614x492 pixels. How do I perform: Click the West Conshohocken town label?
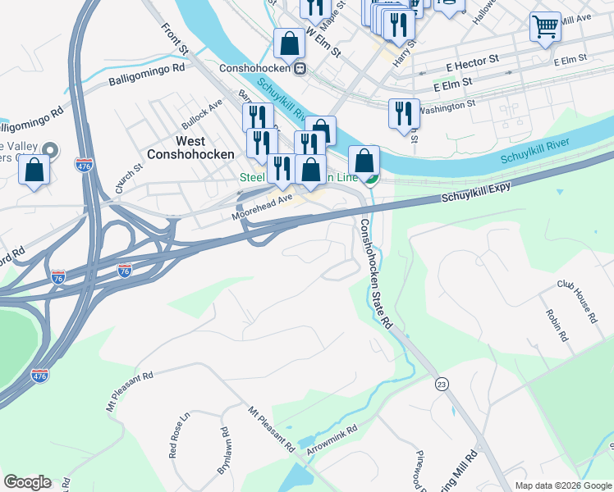(190, 147)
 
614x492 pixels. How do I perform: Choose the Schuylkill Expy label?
(476, 193)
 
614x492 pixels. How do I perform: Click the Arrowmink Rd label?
(332, 440)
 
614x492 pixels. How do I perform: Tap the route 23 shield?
(442, 384)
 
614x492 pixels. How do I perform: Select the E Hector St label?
(472, 60)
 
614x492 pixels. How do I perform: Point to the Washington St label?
(447, 105)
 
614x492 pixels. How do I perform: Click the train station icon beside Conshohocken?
(300, 68)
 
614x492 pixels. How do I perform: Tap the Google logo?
(27, 482)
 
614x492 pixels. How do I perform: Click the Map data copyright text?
(562, 485)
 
